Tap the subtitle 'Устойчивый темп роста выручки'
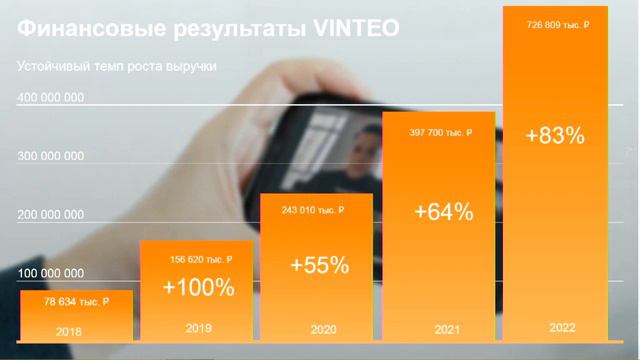click(118, 66)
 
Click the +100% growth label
click(198, 288)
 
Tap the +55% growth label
click(319, 265)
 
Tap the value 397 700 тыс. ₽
click(439, 132)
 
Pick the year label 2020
click(319, 328)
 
